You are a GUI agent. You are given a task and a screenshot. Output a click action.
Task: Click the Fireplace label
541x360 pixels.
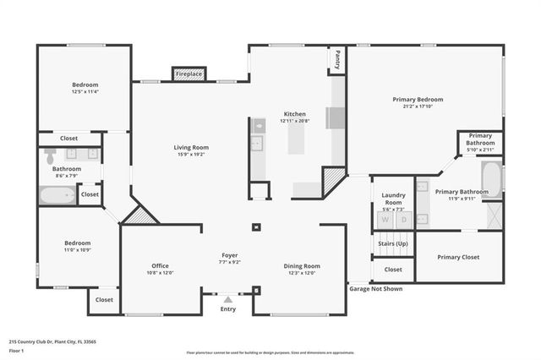[x=189, y=74]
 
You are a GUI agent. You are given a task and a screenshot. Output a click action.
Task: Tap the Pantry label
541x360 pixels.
[x=337, y=60]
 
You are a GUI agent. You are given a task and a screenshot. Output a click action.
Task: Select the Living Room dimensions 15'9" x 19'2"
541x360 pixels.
[x=191, y=155]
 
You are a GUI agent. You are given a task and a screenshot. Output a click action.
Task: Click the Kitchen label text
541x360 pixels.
[x=294, y=113]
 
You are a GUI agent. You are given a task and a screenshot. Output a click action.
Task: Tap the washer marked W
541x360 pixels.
[x=384, y=219]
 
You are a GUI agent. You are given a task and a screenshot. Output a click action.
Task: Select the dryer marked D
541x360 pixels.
[x=403, y=219]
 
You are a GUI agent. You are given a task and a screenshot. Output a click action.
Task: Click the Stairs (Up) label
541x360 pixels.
[x=393, y=243]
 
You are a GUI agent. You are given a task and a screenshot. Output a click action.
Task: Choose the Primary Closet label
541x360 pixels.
[x=458, y=257]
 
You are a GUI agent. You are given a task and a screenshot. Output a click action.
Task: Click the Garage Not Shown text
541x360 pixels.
[x=375, y=288]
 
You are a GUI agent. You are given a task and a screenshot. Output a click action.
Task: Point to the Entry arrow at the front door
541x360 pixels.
[x=228, y=297]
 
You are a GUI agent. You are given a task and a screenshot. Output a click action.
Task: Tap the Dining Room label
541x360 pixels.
[x=301, y=266]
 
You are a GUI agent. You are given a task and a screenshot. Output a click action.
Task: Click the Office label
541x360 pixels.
[x=160, y=265]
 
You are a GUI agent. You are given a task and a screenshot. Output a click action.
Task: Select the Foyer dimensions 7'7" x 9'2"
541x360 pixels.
[x=230, y=261]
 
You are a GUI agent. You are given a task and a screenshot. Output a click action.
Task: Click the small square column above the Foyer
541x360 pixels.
[x=256, y=226]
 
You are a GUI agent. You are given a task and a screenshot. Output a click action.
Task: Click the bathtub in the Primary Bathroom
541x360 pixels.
[x=491, y=179]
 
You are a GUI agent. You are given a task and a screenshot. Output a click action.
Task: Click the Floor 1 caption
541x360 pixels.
[x=17, y=350]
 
